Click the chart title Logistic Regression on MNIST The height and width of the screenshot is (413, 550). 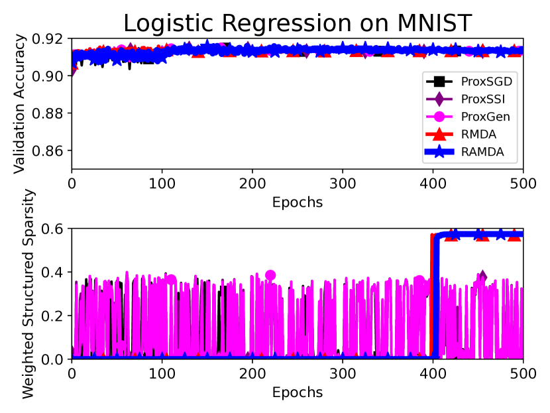pos(298,23)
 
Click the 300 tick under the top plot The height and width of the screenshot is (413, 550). pos(343,183)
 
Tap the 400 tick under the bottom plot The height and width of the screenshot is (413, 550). pos(433,373)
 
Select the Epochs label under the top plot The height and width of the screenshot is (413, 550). pos(298,202)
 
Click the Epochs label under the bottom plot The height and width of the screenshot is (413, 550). pos(298,392)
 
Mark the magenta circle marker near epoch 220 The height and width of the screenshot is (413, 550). pos(270,275)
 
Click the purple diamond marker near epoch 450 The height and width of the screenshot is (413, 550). pos(482,276)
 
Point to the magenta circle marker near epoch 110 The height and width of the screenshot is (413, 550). pos(172,280)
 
